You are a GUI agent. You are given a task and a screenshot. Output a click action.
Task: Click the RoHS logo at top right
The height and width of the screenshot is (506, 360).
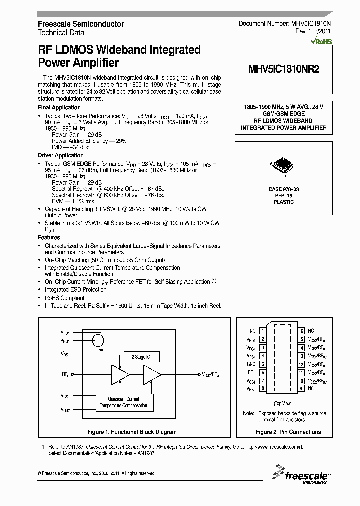click(x=321, y=42)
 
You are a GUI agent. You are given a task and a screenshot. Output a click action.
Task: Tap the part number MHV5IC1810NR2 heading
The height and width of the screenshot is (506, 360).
click(x=283, y=70)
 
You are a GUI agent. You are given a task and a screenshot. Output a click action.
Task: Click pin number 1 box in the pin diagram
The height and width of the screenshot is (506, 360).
click(x=263, y=331)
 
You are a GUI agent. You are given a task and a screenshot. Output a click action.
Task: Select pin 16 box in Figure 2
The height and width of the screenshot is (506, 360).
click(x=301, y=331)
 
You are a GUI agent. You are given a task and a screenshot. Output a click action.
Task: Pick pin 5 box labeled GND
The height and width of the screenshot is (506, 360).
click(x=263, y=364)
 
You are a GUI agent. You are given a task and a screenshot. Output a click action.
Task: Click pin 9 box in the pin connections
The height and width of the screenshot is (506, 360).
click(x=301, y=388)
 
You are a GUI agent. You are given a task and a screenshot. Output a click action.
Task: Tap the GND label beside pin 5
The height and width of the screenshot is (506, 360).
click(x=252, y=364)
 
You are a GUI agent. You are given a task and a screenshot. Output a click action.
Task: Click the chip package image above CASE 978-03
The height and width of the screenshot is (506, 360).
click(x=283, y=168)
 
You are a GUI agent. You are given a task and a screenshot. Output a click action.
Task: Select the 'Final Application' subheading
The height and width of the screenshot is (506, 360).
click(x=59, y=108)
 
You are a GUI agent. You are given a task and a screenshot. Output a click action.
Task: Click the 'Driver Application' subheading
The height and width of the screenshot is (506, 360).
click(x=61, y=155)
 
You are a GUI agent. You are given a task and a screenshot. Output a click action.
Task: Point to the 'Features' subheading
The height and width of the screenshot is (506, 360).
click(x=49, y=238)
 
